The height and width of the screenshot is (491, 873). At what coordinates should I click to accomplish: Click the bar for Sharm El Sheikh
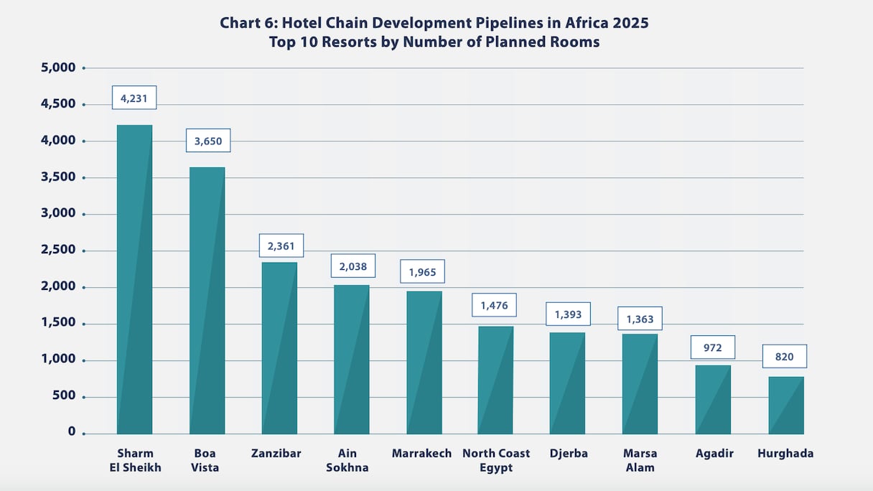[134, 280]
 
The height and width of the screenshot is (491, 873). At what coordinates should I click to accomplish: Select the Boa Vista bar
[207, 301]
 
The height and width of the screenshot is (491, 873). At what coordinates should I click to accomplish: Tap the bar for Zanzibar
[279, 348]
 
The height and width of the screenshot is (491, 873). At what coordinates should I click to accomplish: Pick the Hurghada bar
[786, 406]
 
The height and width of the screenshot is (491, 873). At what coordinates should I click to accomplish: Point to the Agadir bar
[713, 400]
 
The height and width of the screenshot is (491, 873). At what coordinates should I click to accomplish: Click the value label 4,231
[134, 98]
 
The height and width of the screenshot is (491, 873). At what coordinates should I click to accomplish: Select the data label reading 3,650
[208, 141]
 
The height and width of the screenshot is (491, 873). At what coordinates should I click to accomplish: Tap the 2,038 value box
[353, 266]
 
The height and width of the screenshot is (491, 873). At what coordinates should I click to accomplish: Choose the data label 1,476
[494, 305]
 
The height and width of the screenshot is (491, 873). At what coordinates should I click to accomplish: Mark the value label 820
[785, 357]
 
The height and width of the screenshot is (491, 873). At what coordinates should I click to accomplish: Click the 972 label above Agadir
[713, 347]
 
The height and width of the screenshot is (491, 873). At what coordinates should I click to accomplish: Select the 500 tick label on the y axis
[62, 396]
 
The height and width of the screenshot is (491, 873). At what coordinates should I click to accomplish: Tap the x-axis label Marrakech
[422, 454]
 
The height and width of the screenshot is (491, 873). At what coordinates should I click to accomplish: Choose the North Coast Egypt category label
[496, 460]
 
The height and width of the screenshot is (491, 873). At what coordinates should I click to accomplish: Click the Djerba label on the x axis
[568, 454]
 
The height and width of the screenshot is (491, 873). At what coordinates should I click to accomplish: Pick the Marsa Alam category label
[640, 460]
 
